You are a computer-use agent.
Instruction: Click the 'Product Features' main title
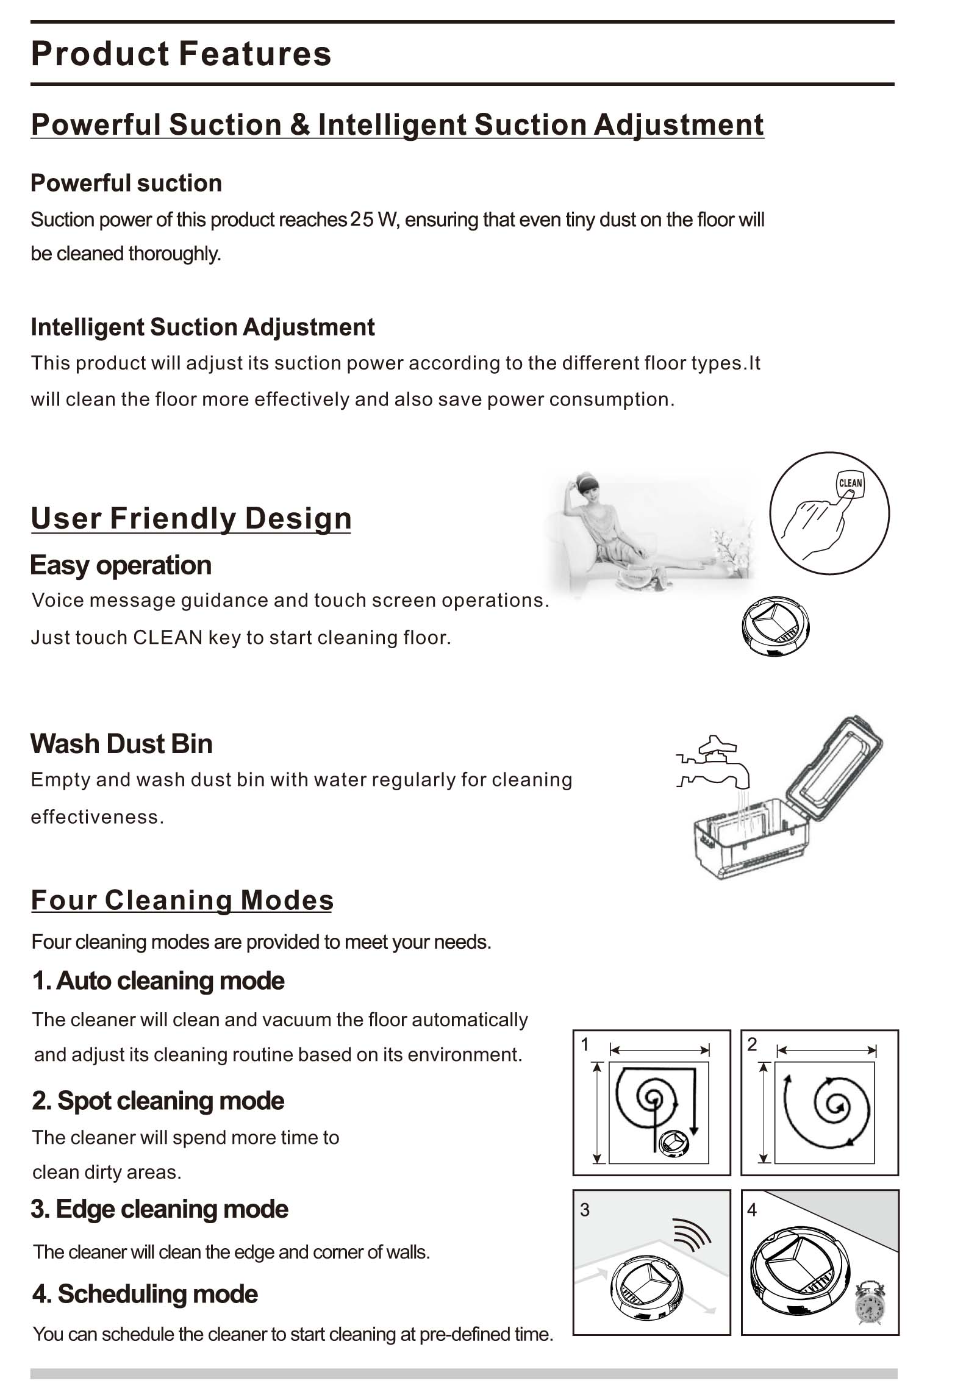pos(181,54)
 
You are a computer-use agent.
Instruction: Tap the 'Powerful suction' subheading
pos(126,183)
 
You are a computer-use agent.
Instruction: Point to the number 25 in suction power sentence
pos(362,220)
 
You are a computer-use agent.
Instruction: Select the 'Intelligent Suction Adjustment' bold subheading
pos(202,327)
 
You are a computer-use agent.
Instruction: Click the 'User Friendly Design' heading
pos(191,518)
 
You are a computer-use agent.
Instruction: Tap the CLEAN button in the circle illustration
pos(850,484)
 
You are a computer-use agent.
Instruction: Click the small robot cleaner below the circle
pos(776,626)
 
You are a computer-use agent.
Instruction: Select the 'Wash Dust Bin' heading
pos(121,744)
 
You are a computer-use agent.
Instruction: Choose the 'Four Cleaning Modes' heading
pos(182,901)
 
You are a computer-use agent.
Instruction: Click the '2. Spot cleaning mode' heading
pos(158,1101)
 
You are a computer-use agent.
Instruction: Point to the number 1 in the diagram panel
pos(585,1045)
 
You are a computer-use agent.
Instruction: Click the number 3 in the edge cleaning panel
pos(585,1210)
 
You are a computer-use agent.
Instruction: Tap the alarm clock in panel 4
pos(870,1303)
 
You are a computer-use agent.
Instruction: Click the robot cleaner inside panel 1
pos(673,1142)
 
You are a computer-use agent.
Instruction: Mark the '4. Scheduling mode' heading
pos(145,1294)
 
